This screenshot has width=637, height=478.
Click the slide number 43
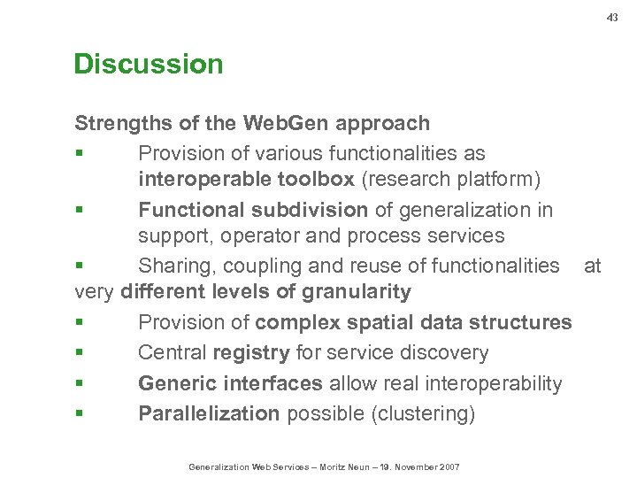(612, 17)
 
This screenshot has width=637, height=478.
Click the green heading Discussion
(148, 65)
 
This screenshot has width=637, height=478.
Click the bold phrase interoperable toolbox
(246, 180)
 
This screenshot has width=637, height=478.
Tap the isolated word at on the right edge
(592, 266)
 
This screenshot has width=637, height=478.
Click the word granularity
(357, 292)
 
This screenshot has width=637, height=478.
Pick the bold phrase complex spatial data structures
(413, 322)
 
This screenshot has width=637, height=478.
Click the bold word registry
(251, 353)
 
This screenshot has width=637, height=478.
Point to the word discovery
(441, 353)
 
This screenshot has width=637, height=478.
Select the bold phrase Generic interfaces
(230, 384)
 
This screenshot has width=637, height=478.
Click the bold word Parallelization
(209, 414)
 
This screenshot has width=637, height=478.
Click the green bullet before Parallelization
(79, 414)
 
